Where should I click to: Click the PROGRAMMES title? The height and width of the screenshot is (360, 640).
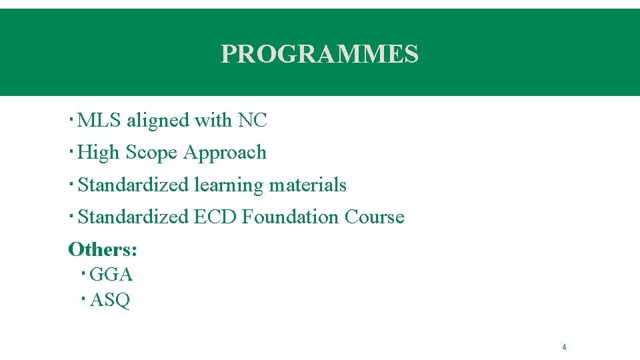(x=319, y=54)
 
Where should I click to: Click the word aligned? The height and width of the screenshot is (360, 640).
(x=158, y=121)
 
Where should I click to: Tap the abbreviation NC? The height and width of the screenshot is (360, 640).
(x=252, y=121)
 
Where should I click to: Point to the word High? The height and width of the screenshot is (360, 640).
(x=99, y=153)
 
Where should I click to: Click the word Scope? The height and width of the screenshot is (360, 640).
(x=151, y=153)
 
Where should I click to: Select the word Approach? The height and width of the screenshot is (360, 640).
(x=225, y=153)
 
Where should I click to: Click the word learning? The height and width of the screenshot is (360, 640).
(x=229, y=185)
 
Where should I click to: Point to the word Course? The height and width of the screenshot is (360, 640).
(x=374, y=217)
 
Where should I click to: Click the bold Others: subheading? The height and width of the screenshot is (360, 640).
(x=103, y=249)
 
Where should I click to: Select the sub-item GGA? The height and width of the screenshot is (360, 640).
(x=111, y=275)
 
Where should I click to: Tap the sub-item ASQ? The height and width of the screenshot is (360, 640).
(x=109, y=301)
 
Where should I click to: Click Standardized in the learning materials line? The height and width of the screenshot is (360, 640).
(x=133, y=185)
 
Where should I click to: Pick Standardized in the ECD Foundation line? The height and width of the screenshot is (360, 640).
(x=133, y=217)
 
